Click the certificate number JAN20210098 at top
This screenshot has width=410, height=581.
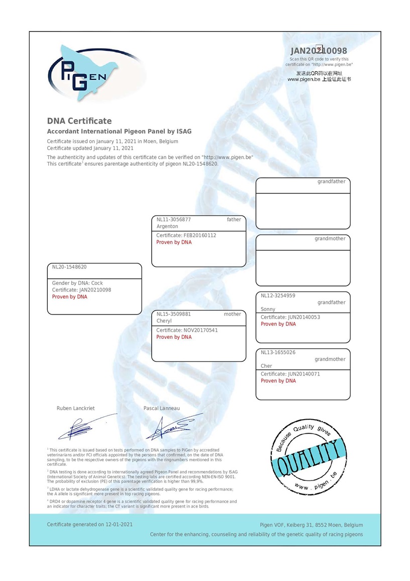click(x=319, y=51)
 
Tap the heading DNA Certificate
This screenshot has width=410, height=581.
click(x=79, y=121)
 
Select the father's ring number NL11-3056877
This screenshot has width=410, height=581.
click(x=174, y=220)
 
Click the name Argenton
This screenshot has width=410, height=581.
click(x=167, y=227)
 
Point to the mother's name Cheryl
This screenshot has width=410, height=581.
click(x=164, y=321)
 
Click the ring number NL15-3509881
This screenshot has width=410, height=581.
click(x=174, y=314)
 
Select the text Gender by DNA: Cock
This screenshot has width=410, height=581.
click(x=77, y=283)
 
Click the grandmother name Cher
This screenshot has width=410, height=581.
click(x=266, y=366)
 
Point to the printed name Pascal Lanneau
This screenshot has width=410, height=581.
click(x=161, y=408)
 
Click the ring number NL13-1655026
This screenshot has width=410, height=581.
click(x=278, y=352)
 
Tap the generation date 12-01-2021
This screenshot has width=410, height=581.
click(x=119, y=525)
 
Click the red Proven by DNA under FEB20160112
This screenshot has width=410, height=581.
click(x=174, y=242)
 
